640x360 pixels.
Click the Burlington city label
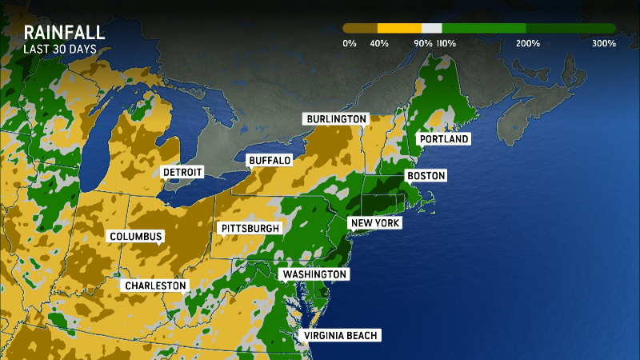pos(336,119)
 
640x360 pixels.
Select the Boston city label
pos(426,176)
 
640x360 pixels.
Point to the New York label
pos(374,223)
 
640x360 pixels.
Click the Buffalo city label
pos(270,161)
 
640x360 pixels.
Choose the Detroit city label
pos(182,172)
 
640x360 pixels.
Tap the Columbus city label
pos(136,237)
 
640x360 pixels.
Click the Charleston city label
pos(155,286)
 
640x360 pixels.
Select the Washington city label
pos(314,274)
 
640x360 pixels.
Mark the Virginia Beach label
pos(339,336)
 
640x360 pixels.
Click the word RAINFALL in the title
pos(65,33)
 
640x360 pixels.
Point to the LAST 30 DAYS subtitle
pos(60,50)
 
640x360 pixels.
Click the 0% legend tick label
pos(349,43)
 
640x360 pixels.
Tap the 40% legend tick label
pos(379,43)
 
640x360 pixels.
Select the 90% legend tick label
pos(423,43)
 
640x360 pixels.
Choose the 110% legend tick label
pos(446,43)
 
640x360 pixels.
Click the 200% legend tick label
pos(526,43)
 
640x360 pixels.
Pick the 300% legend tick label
pos(604,43)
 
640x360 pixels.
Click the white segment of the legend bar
pos(431,27)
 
